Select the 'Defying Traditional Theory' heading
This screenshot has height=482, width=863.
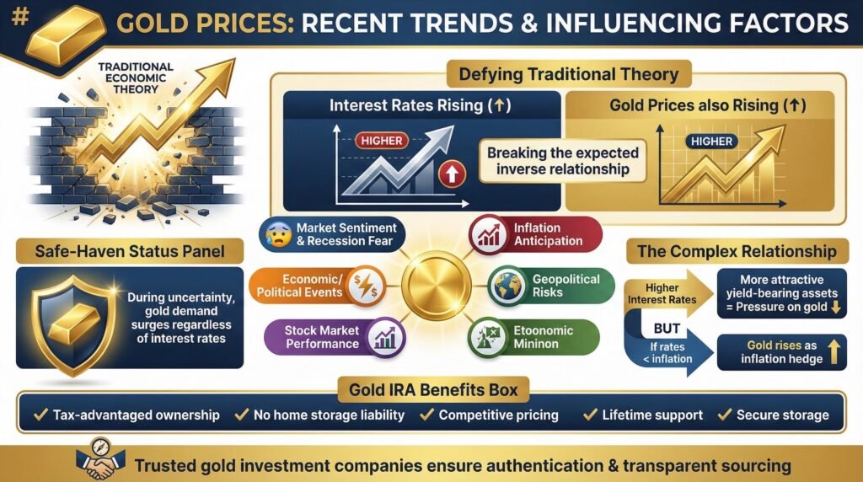pos(568,74)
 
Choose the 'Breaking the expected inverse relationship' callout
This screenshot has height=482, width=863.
pos(563,161)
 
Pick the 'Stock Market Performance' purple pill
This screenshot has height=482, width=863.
pos(334,336)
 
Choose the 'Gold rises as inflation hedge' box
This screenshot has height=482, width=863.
pos(780,353)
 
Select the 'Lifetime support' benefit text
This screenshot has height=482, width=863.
pos(641,415)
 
